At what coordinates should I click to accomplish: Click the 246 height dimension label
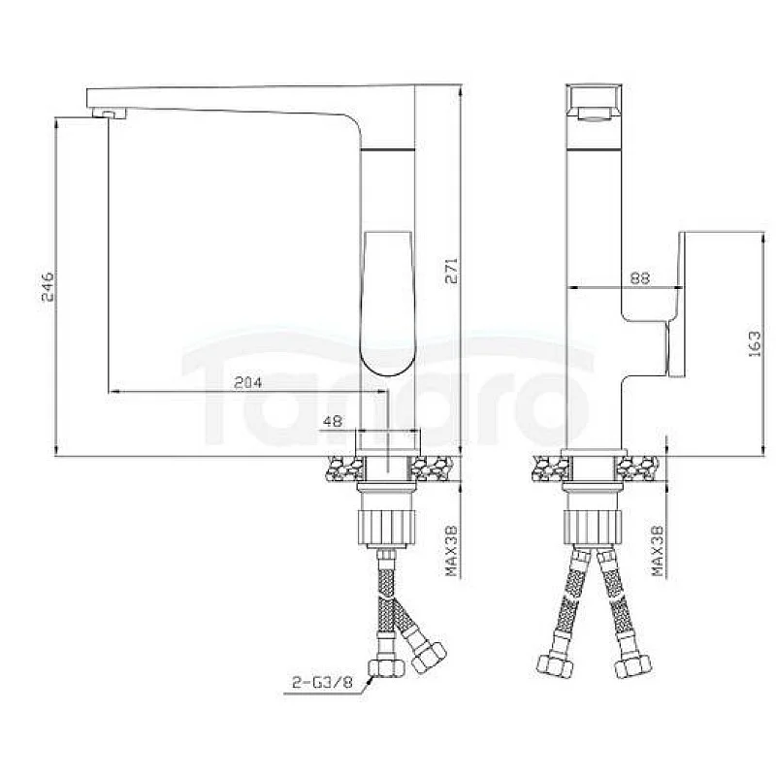tap(48, 286)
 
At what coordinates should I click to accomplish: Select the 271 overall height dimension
tap(452, 271)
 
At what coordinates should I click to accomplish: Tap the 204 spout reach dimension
tap(247, 382)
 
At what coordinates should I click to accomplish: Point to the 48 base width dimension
tap(332, 421)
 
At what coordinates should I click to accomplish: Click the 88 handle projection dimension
tap(639, 277)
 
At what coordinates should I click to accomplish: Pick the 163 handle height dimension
tap(755, 343)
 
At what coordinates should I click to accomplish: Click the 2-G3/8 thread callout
tap(322, 683)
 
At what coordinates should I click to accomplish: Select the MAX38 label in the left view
tap(451, 551)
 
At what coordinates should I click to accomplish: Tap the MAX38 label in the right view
tap(658, 551)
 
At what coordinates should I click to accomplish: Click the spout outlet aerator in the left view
tap(110, 113)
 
